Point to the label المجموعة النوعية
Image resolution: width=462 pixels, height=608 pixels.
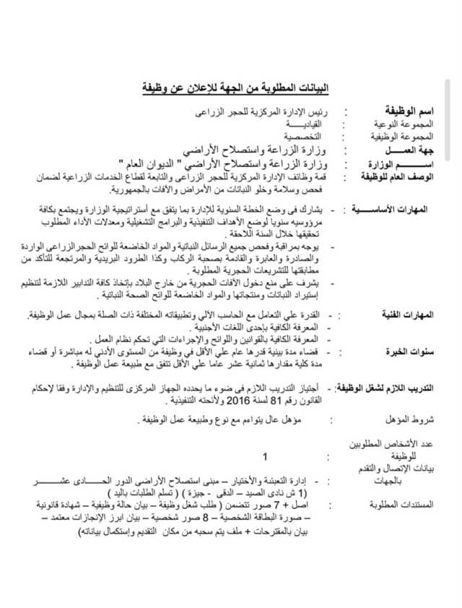click(x=404, y=124)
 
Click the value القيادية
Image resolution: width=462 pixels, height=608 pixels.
click(x=300, y=124)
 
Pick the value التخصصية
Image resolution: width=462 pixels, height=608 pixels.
click(x=302, y=136)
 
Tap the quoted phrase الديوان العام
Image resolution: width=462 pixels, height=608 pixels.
click(x=173, y=164)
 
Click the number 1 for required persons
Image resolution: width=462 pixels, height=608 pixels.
click(x=266, y=456)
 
